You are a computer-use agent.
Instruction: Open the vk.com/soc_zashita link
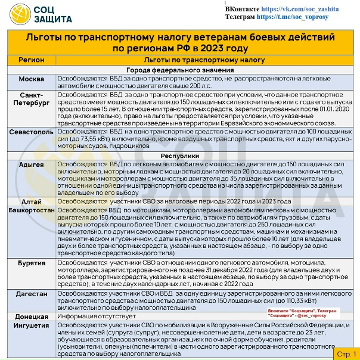(x=308, y=10)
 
